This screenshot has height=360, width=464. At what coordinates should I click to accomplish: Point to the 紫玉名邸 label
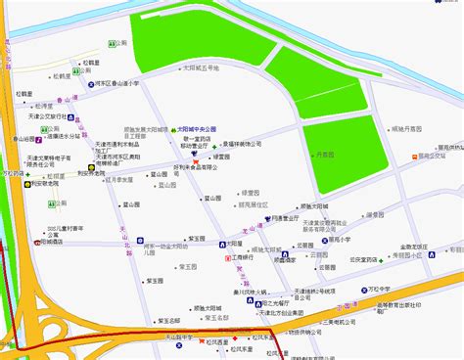pyautogui.click(x=168, y=319)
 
